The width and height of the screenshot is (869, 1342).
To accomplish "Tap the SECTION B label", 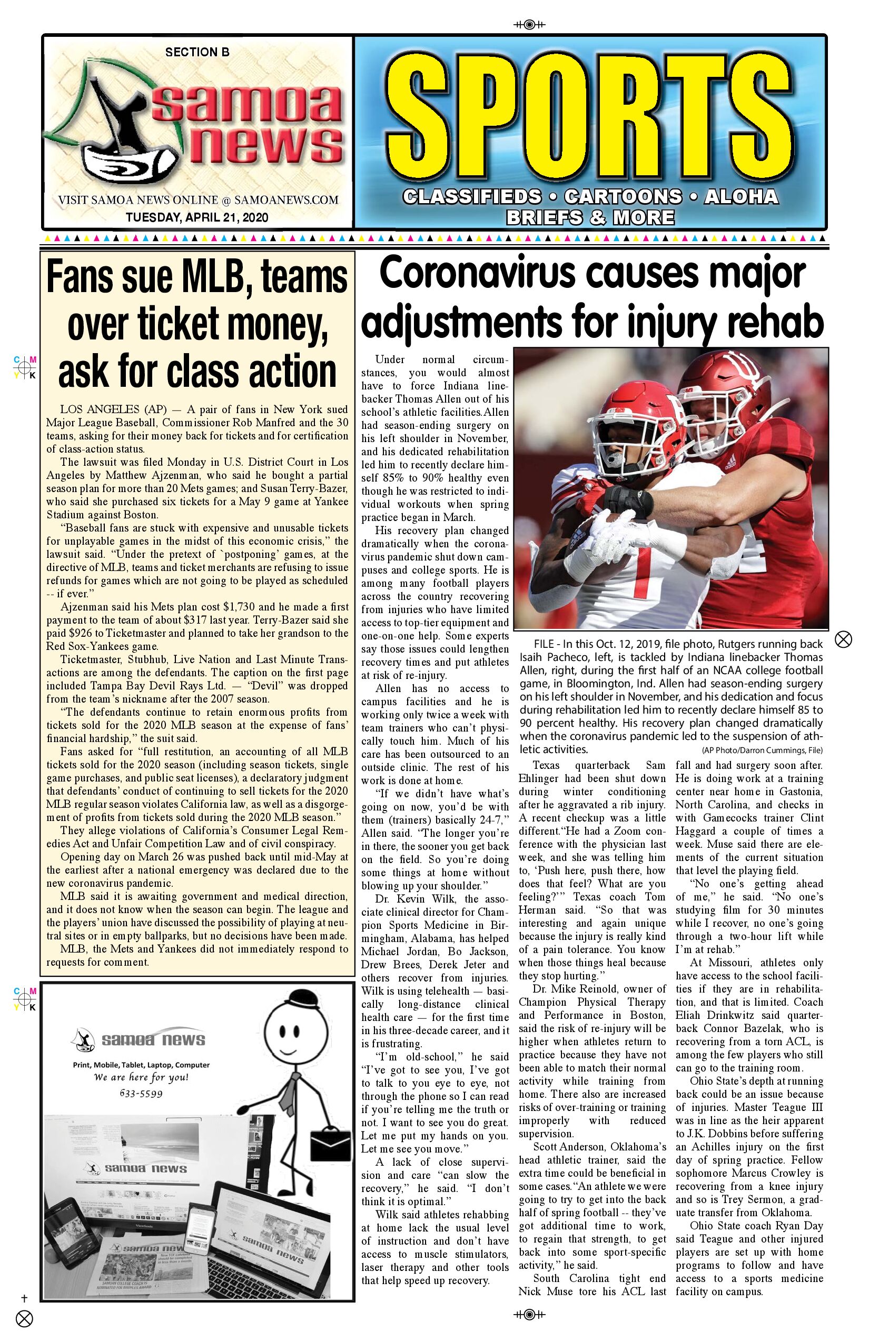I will [x=197, y=53].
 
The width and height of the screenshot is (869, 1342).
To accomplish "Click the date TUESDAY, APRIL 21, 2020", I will [x=197, y=217].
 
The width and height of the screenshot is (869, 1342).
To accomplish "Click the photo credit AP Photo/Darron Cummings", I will [x=762, y=750].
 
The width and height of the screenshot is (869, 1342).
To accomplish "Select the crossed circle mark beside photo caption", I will [x=843, y=639].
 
